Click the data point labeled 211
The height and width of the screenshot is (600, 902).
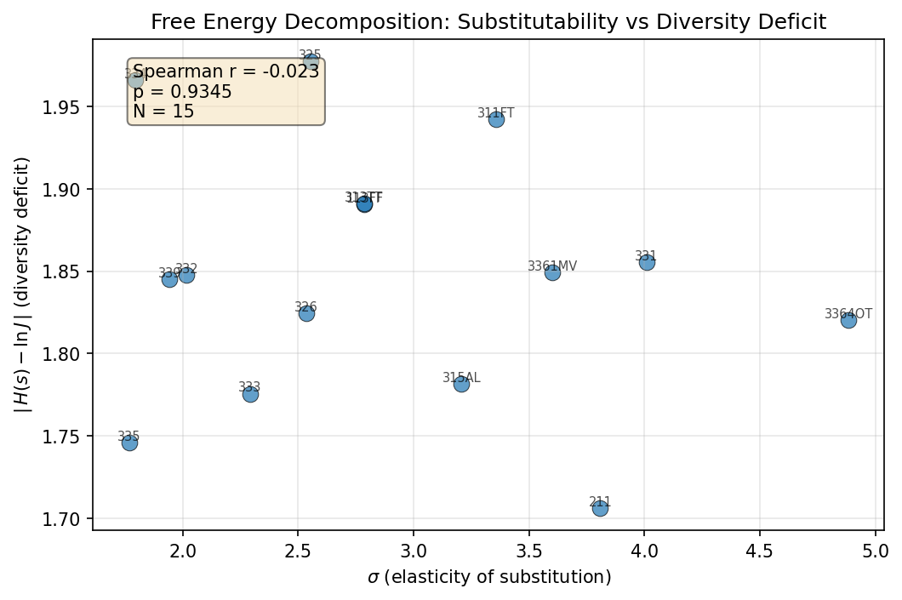click(x=600, y=508)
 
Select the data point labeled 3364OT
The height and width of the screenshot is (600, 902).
click(x=848, y=320)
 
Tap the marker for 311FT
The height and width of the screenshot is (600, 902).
click(x=496, y=119)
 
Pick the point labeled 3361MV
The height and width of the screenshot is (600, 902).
click(x=552, y=272)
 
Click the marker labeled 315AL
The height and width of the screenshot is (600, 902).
click(x=461, y=384)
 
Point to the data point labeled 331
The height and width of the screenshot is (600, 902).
click(x=647, y=262)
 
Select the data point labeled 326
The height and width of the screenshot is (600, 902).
click(x=306, y=313)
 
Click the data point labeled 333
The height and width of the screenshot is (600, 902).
click(x=250, y=394)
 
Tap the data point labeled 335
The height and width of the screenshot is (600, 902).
click(x=129, y=443)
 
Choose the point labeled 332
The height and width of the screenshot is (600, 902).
click(x=186, y=275)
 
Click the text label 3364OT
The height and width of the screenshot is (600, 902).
click(x=848, y=314)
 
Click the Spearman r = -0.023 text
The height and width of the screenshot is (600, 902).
click(x=226, y=72)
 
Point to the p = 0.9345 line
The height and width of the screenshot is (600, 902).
click(x=182, y=92)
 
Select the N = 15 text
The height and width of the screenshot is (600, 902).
click(x=163, y=111)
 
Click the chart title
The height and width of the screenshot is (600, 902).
click(x=488, y=22)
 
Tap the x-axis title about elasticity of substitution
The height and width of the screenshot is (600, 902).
click(x=488, y=578)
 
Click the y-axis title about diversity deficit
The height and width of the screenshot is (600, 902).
click(x=22, y=285)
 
